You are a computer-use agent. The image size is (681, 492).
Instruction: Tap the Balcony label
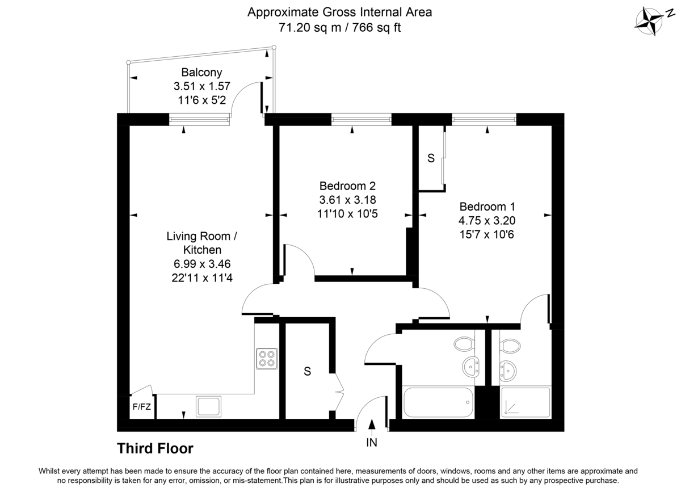tap(201, 73)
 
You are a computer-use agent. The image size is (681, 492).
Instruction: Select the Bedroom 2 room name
tap(347, 186)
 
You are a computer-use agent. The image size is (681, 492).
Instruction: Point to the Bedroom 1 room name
tap(487, 207)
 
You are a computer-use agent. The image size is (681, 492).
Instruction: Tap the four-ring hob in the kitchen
tap(266, 359)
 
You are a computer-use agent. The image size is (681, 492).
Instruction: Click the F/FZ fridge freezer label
tap(141, 407)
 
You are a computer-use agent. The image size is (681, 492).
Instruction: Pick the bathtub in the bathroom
tap(438, 402)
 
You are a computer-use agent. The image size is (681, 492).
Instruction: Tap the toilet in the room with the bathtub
tap(464, 343)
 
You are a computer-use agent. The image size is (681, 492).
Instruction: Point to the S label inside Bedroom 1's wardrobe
tap(431, 159)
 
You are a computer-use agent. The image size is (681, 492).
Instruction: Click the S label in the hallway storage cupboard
tap(308, 372)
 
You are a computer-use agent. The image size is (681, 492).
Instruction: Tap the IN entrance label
tap(372, 442)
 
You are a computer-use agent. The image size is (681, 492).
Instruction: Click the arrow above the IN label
tap(372, 425)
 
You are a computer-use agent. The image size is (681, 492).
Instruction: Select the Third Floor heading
tap(155, 449)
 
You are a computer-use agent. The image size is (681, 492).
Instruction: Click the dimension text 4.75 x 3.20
tap(487, 221)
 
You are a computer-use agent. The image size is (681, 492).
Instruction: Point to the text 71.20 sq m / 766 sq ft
tap(339, 27)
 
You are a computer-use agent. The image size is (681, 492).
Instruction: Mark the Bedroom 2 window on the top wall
tap(361, 119)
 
